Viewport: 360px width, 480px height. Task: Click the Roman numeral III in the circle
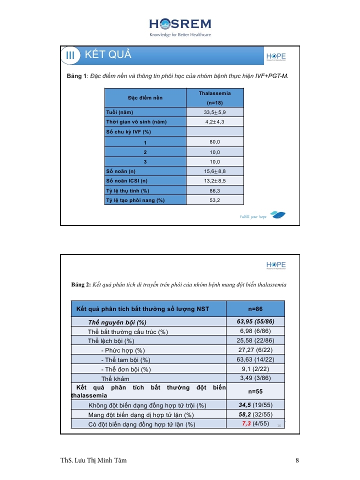(x=70, y=55)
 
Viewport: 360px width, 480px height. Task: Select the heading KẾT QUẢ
(x=108, y=55)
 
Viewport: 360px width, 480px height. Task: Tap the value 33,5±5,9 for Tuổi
(x=214, y=112)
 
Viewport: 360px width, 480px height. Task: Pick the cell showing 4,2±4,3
(x=214, y=121)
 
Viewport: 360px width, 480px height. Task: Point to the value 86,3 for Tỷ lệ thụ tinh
(x=214, y=190)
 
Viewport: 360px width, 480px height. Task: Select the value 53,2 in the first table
(x=214, y=200)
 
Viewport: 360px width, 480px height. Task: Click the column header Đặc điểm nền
(x=145, y=97)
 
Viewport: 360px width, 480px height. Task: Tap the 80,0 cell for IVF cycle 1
(x=214, y=142)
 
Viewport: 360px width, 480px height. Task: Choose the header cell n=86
(x=255, y=309)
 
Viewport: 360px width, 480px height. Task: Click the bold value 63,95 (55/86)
(x=255, y=321)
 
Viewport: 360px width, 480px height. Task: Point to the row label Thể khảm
(x=115, y=379)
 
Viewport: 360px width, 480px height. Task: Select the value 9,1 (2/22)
(x=255, y=369)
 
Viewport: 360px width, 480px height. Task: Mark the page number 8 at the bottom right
(x=297, y=460)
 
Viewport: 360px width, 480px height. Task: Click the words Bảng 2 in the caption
(x=80, y=284)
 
